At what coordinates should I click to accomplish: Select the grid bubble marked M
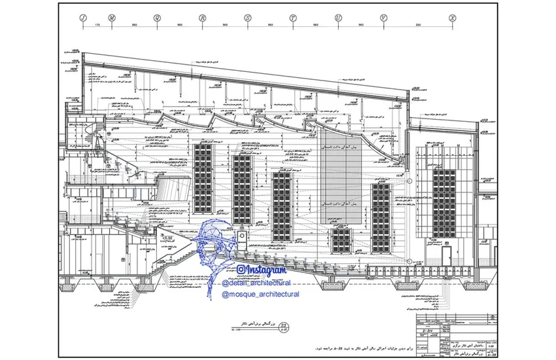112,18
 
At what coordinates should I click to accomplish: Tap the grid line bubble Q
157,18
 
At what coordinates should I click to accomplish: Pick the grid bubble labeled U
338,18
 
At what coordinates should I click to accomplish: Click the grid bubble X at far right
452,18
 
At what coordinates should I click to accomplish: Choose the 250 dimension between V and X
418,25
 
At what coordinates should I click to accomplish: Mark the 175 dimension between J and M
97,25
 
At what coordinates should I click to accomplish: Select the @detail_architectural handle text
256,282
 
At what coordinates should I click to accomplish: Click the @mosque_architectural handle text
261,295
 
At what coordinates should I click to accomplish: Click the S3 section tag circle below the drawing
283,327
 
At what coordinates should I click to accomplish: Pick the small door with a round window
243,236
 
